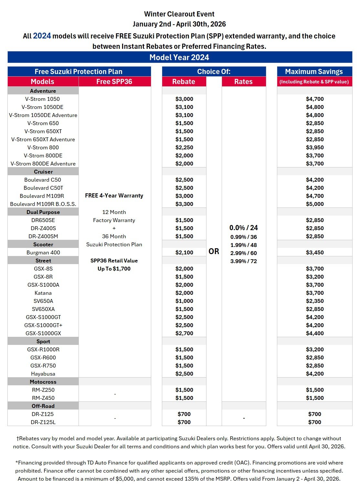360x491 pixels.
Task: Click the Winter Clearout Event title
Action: tap(179, 14)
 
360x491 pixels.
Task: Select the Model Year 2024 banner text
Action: tap(179, 57)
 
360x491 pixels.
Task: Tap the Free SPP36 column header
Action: tap(114, 81)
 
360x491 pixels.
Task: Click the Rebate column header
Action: tap(184, 81)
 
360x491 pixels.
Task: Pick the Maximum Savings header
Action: tap(314, 71)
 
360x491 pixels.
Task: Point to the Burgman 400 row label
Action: tap(43, 252)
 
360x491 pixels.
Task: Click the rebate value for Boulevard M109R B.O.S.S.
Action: tap(184, 204)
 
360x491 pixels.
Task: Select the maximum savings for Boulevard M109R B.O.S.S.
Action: tap(314, 204)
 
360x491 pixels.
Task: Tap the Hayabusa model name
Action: tap(43, 374)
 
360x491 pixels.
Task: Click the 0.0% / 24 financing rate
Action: tap(243, 228)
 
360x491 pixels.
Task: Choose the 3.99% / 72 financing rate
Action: tap(243, 261)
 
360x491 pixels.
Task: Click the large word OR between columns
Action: tap(214, 251)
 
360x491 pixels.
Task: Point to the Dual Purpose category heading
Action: tap(43, 212)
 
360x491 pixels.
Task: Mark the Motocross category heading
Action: tap(43, 382)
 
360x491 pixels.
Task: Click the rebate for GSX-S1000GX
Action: tap(184, 333)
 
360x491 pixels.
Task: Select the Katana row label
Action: tap(43, 293)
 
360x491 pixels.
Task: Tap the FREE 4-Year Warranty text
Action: tap(114, 196)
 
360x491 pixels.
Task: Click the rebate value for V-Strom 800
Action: tap(184, 147)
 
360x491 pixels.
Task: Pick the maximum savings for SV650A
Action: tap(314, 301)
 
